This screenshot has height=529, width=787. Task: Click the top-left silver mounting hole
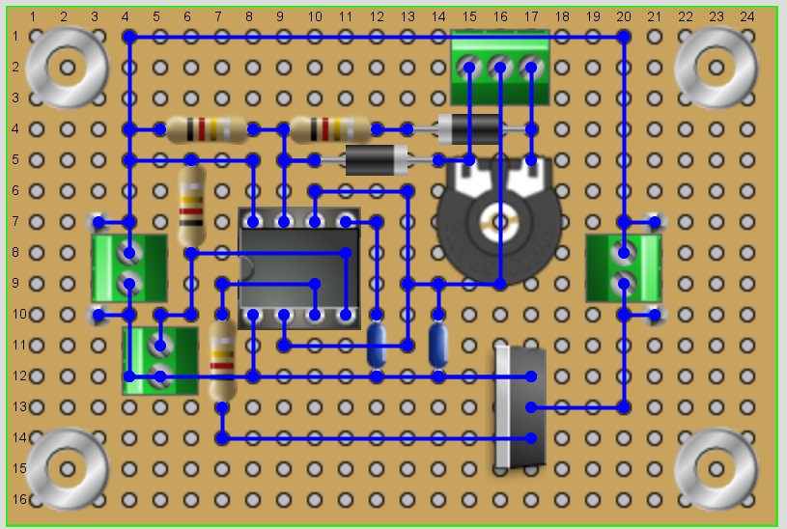coord(67,68)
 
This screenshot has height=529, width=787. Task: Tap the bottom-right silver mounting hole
coord(716,469)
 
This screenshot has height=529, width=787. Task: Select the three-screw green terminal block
coord(499,67)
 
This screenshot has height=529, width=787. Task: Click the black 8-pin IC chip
coord(298,268)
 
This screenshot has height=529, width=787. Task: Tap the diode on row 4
coord(469,128)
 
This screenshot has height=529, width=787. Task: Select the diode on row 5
coord(377,159)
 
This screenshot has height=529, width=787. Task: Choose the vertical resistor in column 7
coord(223,361)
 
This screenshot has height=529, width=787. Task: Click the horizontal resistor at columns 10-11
coord(329,128)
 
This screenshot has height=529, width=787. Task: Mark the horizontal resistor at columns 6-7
coord(206,128)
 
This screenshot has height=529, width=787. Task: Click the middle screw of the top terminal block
coord(499,68)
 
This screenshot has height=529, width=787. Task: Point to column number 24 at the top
coord(746,16)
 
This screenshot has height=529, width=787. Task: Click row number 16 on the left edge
coord(14,499)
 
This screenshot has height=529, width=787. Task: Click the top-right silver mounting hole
coord(716,68)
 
